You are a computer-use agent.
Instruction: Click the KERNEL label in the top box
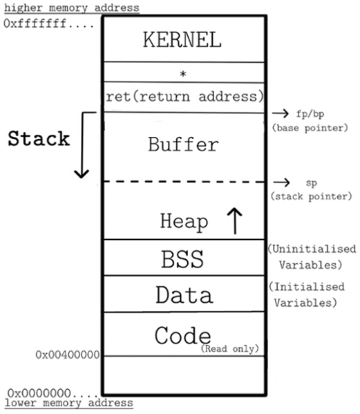(x=182, y=39)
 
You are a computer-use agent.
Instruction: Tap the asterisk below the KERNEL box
(x=183, y=72)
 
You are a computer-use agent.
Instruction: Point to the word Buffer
(x=183, y=144)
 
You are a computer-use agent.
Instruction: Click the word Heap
(x=183, y=221)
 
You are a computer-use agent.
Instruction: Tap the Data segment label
(x=183, y=295)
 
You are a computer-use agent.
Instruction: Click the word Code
(x=182, y=336)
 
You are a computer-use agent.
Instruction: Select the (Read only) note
(x=230, y=348)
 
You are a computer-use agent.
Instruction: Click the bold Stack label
(x=39, y=138)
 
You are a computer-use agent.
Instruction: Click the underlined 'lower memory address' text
(x=68, y=402)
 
